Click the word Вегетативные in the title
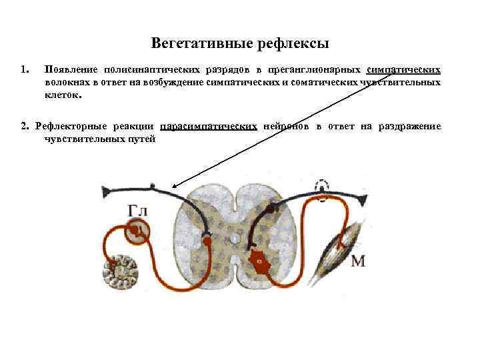tap(195, 43)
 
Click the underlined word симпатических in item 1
tap(403, 69)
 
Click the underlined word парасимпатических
tap(209, 126)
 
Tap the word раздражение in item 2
tap(409, 126)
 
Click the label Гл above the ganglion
tap(137, 211)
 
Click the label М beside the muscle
tap(358, 261)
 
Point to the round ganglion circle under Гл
tap(138, 230)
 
